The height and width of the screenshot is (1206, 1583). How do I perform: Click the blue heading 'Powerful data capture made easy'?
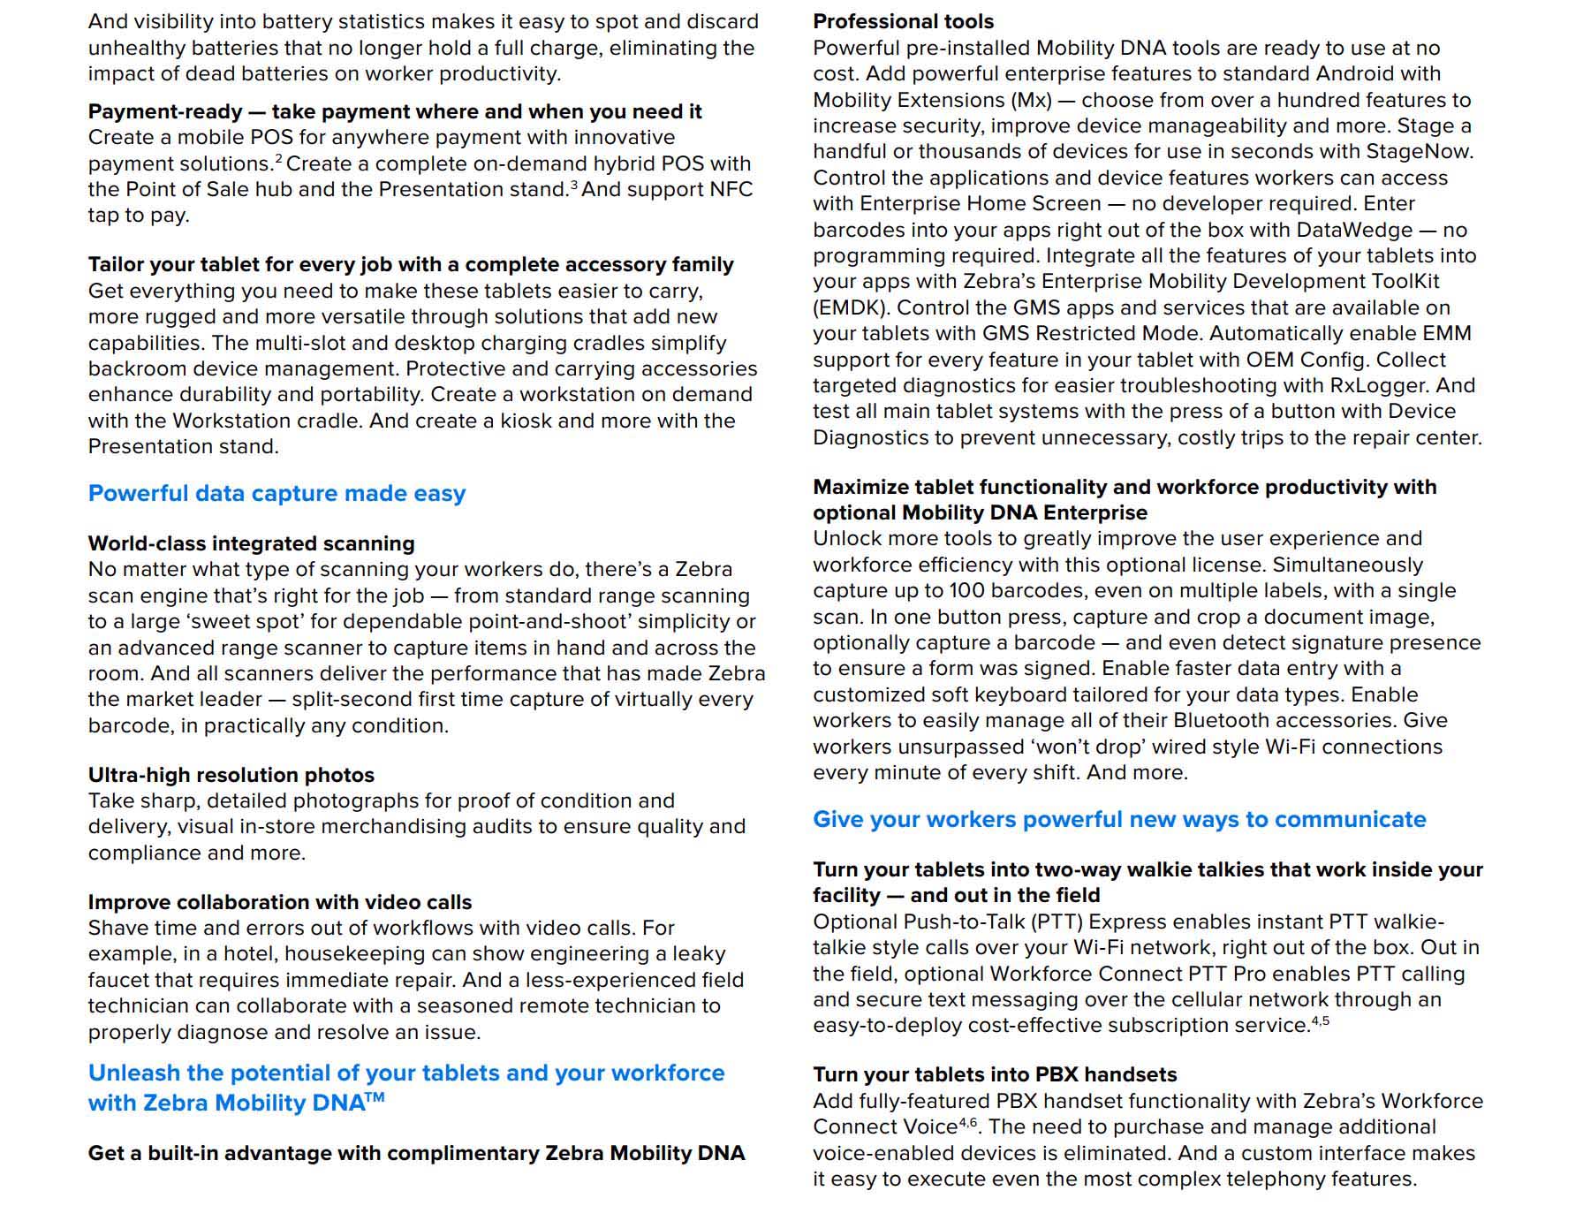(276, 493)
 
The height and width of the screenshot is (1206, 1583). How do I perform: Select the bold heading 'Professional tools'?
(903, 21)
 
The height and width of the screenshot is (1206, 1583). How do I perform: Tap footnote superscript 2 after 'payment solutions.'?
(278, 159)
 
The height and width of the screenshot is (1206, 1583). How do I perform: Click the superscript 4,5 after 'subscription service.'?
(1320, 1020)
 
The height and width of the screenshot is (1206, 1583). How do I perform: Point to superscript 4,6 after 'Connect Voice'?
(968, 1122)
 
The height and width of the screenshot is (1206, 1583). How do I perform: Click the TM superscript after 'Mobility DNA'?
(375, 1098)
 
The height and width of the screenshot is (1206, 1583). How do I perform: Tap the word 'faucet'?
(121, 980)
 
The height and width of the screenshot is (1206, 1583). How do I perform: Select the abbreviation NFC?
(731, 190)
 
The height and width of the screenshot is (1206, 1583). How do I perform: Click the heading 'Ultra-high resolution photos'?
(231, 775)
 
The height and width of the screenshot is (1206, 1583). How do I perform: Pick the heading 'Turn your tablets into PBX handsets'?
(995, 1074)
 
